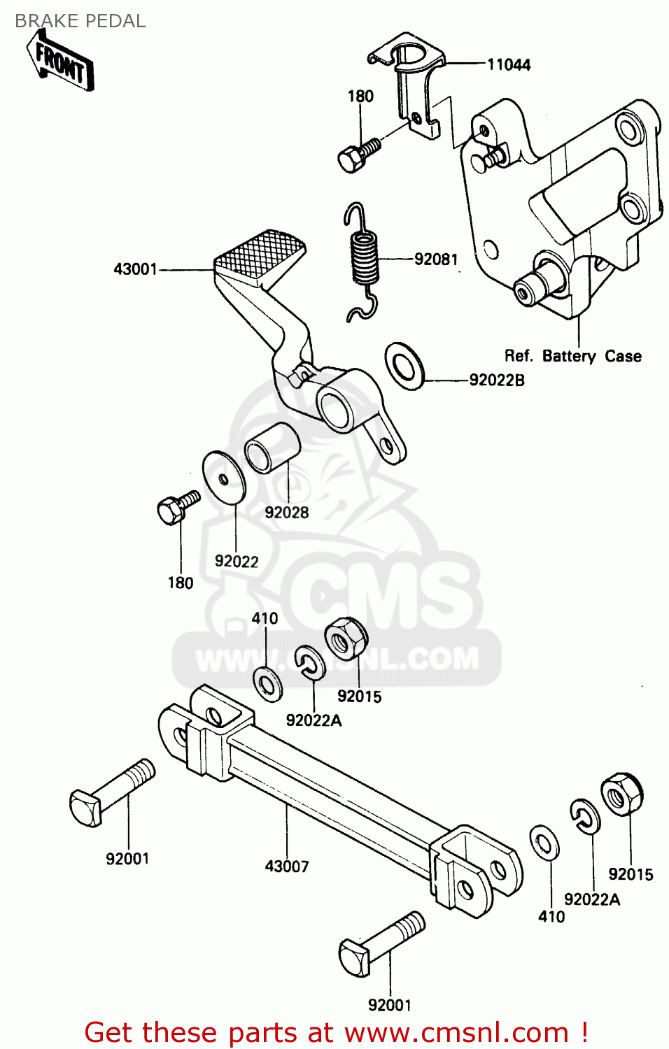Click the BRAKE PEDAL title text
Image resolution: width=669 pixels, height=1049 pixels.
coord(80,21)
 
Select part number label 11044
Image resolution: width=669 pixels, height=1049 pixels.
coord(509,65)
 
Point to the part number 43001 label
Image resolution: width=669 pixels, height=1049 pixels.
coord(136,269)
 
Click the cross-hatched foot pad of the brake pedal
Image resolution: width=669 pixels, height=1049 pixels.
coord(260,254)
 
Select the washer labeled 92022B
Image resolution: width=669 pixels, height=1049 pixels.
coord(404,366)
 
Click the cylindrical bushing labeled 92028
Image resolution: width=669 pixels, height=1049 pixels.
coord(271,448)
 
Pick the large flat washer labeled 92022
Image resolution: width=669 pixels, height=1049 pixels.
coord(224,477)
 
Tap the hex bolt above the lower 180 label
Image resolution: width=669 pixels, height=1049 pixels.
coord(175,508)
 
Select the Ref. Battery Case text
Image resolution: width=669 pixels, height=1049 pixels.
coord(572,356)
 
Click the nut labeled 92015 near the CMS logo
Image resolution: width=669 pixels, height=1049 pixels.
coord(346,638)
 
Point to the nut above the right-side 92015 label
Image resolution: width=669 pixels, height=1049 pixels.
coord(621,794)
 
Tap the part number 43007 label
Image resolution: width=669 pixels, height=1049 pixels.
coord(286,866)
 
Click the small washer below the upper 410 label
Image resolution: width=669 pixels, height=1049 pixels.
coord(267,683)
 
